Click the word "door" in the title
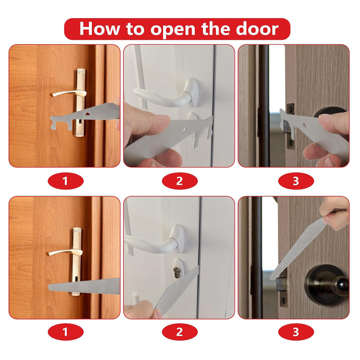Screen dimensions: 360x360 257,28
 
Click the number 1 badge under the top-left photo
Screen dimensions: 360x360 65,181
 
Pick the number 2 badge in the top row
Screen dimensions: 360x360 180,181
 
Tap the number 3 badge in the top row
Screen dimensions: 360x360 296,181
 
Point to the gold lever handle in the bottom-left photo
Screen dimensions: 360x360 61,252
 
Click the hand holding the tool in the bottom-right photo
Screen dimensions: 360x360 337,216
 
